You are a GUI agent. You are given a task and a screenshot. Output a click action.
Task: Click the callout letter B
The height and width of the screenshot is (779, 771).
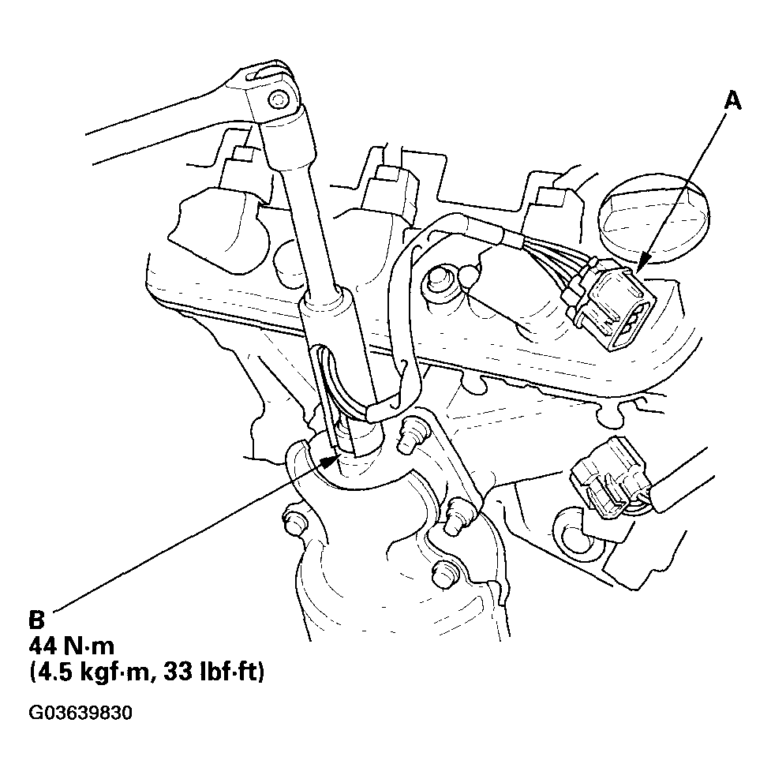pos(37,620)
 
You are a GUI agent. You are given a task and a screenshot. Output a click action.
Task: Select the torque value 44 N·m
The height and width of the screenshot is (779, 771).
pos(72,646)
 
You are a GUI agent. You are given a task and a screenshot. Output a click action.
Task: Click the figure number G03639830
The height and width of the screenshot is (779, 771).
pos(80,713)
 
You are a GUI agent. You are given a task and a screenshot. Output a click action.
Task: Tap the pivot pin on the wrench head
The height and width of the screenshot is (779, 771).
pos(277,99)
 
